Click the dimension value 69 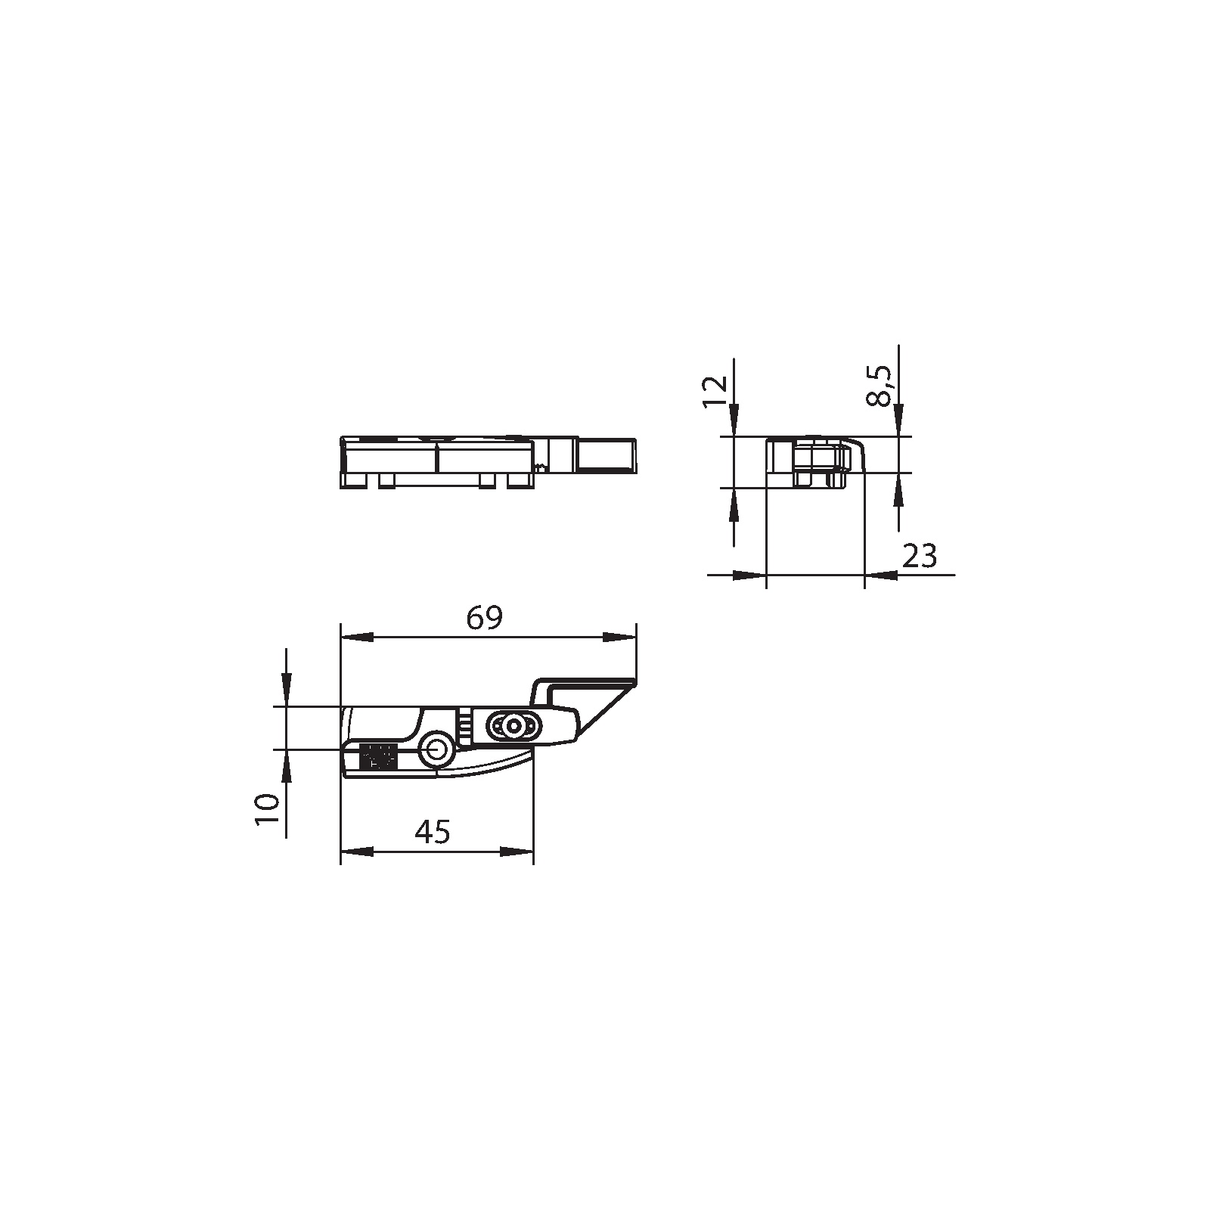point(484,619)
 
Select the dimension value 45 point(433,832)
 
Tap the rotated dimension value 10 point(268,809)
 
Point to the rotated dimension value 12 point(715,391)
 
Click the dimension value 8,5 point(880,386)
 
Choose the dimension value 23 point(920,556)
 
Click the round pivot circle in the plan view point(437,750)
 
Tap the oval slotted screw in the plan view point(513,726)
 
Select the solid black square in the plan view point(379,757)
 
